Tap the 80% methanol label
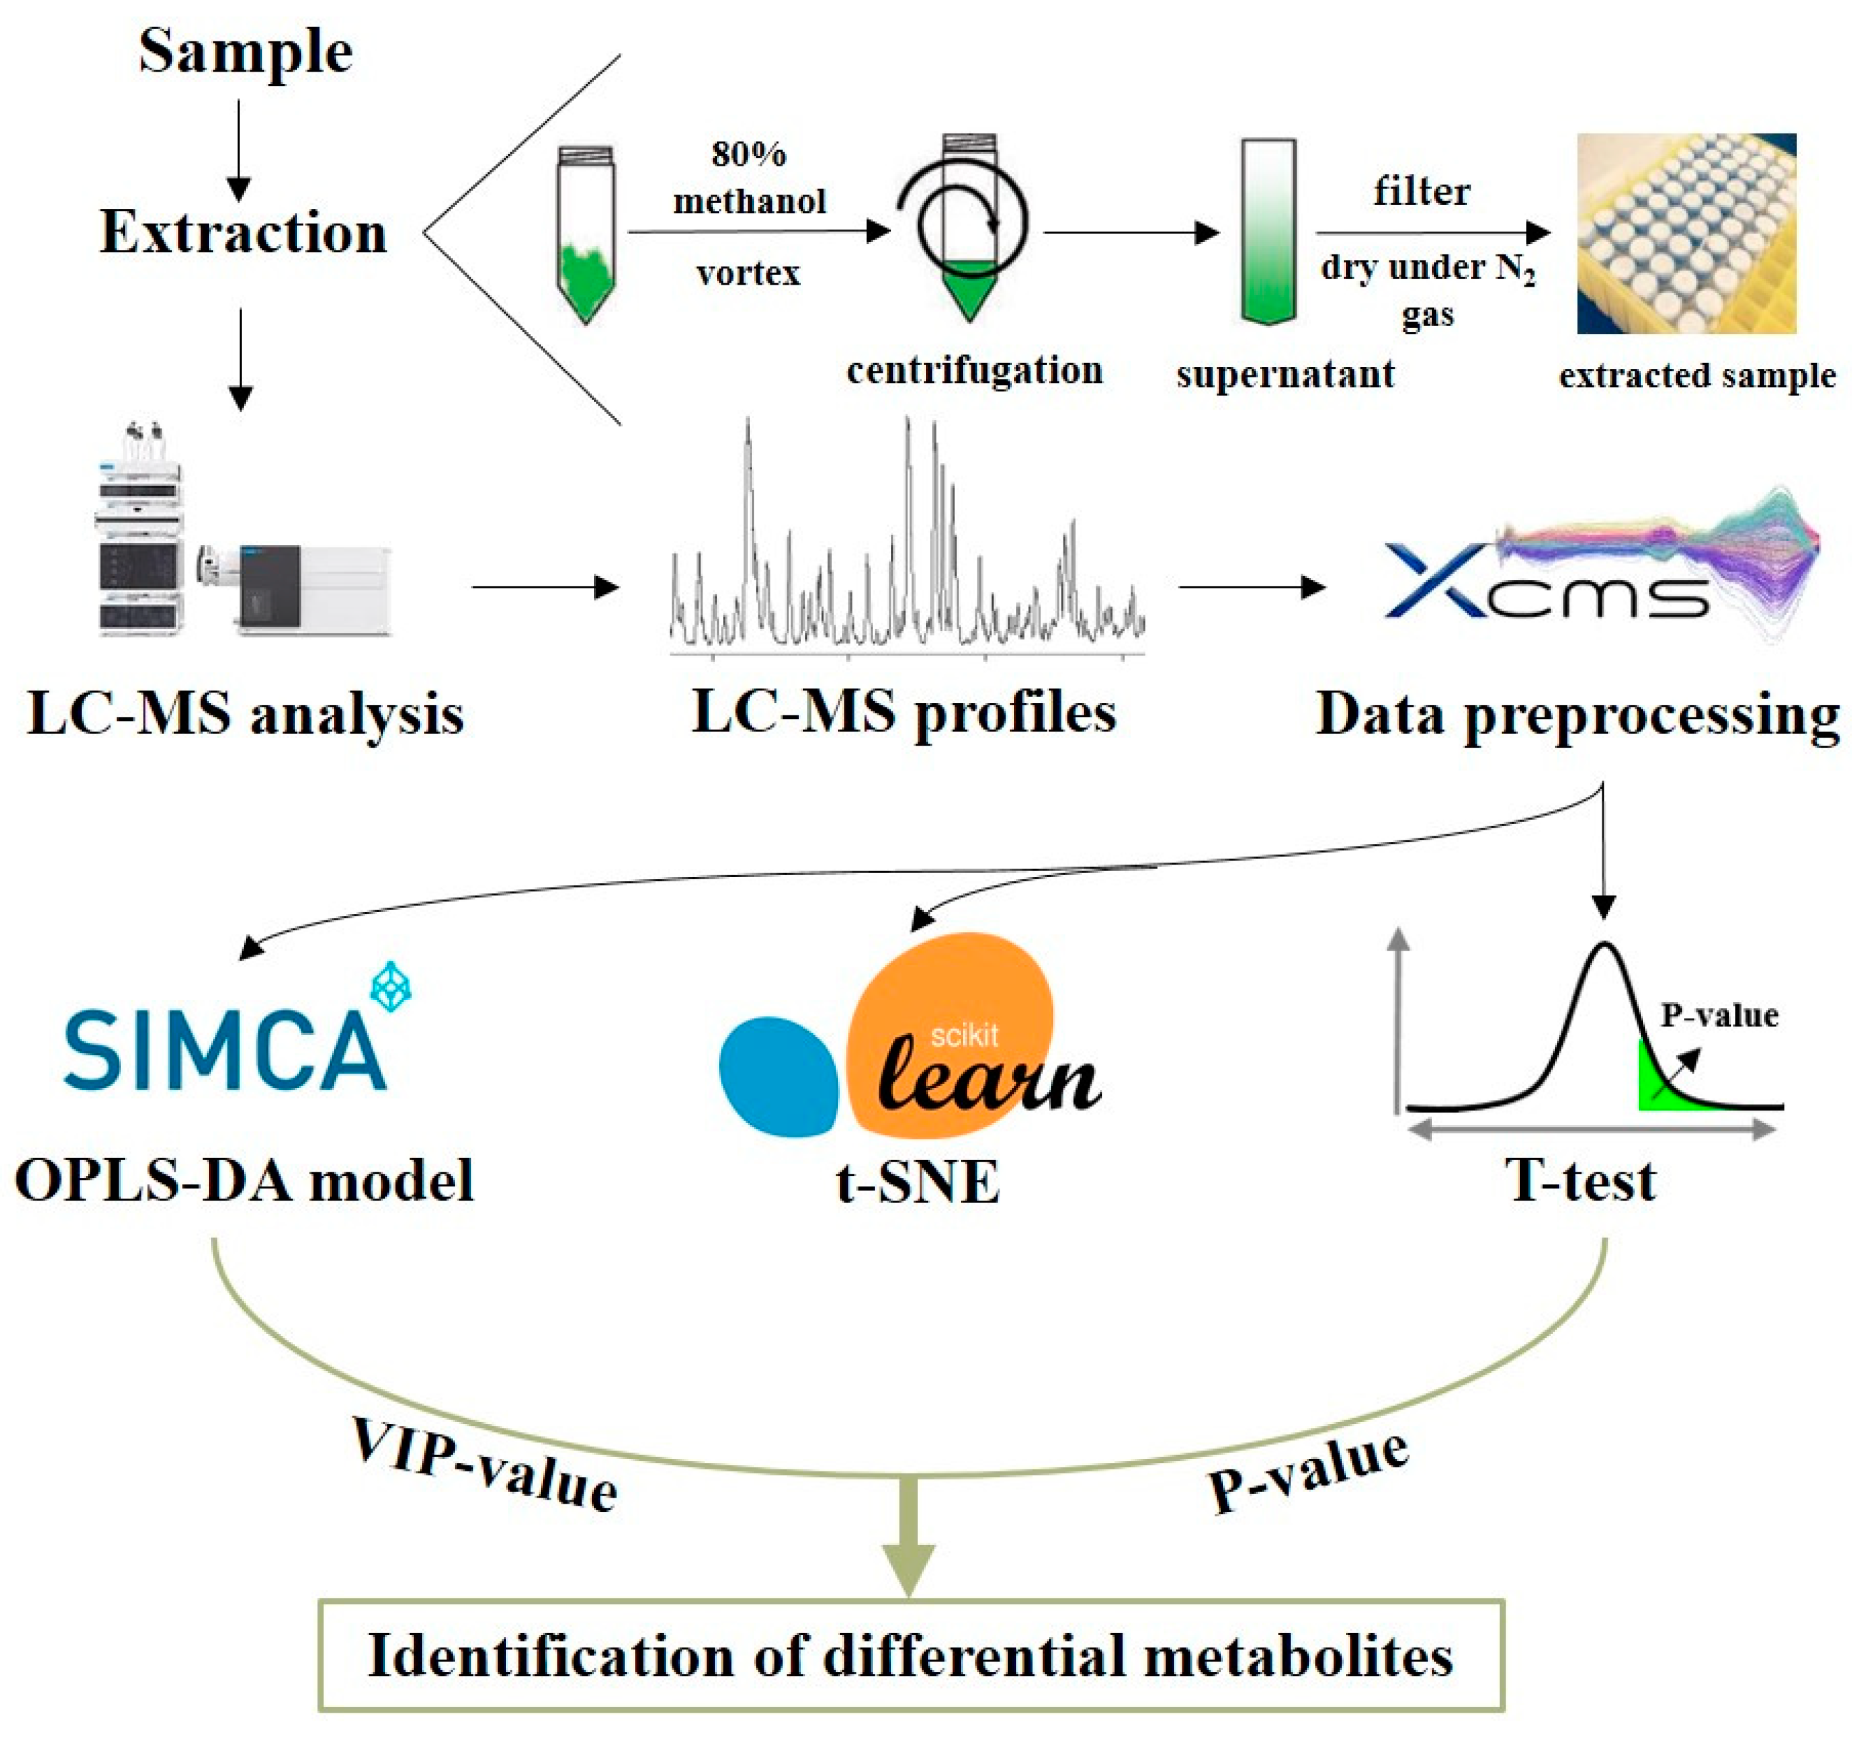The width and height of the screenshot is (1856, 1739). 750,178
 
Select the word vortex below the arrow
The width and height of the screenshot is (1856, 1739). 749,273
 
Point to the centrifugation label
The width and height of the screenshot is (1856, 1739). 975,371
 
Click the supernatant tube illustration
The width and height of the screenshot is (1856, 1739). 1268,231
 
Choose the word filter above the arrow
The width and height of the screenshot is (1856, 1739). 1421,191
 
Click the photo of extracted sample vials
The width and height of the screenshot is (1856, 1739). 1686,233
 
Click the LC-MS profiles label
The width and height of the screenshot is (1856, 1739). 903,713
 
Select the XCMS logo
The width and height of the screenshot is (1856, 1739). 1587,570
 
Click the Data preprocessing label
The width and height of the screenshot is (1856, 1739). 1578,715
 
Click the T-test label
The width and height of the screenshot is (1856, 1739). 1581,1181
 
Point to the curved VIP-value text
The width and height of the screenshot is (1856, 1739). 484,1464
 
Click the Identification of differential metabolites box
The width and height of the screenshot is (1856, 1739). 911,1656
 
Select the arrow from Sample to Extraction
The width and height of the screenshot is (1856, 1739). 239,149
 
